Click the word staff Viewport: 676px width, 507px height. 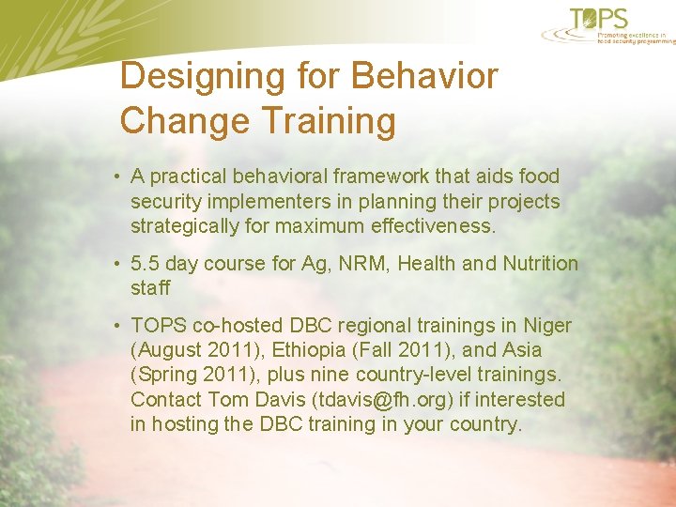point(150,288)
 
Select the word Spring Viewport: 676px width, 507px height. point(166,375)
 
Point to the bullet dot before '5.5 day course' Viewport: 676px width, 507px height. point(113,264)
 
